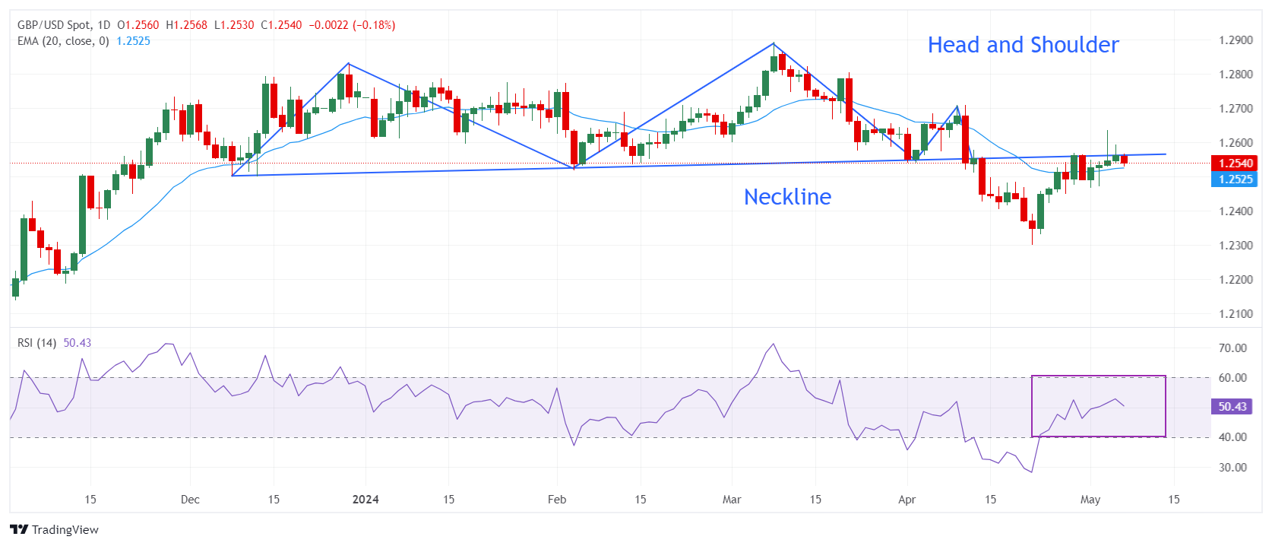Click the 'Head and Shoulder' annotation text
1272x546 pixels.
point(1023,45)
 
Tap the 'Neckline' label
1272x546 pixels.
point(787,197)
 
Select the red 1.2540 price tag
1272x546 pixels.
point(1236,163)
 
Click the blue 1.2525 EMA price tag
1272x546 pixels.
point(1236,179)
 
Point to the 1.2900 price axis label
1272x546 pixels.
point(1236,40)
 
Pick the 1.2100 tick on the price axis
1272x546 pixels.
point(1236,314)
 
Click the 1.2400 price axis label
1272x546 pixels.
point(1236,211)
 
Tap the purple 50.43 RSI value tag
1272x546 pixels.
point(1232,407)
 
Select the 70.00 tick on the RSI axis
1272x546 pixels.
point(1232,348)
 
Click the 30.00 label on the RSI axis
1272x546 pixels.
point(1232,468)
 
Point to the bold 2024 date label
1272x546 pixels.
point(365,500)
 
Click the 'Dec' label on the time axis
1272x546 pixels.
point(190,500)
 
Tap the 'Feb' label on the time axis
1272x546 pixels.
point(557,500)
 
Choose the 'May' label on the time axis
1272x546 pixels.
point(1090,500)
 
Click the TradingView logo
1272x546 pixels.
point(54,530)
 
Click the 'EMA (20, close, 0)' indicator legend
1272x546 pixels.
point(63,41)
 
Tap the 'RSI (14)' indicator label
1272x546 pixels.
point(36,343)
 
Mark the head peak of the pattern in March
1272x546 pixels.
point(774,43)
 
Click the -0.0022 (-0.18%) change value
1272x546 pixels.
point(352,25)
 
